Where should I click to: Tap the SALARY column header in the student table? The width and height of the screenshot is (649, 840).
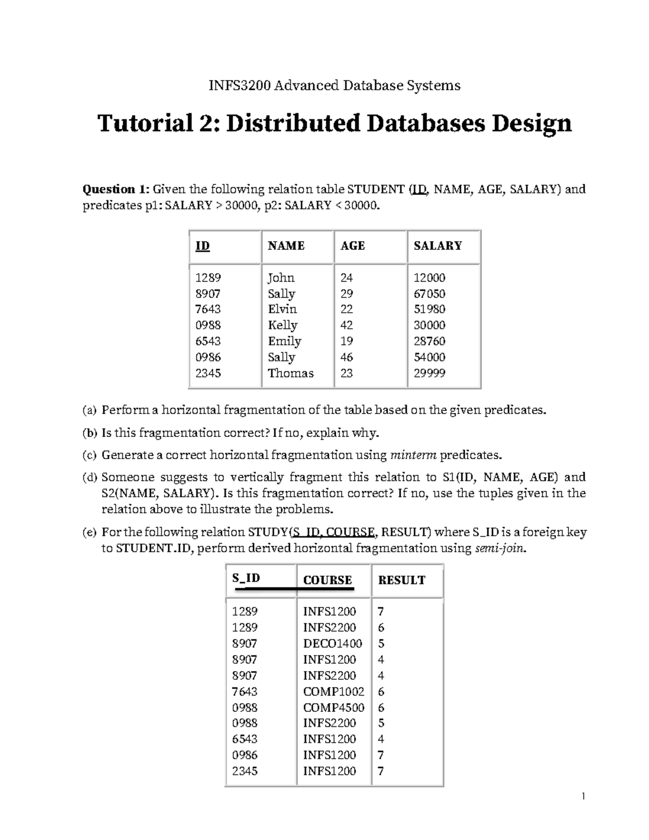click(437, 246)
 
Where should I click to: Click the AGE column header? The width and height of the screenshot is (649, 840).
click(353, 246)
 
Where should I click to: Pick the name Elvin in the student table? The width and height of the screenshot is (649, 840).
click(282, 309)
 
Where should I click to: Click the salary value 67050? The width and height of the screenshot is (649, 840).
click(429, 294)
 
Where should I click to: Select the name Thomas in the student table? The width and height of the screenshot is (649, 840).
click(290, 373)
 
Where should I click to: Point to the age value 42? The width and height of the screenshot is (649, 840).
click(346, 325)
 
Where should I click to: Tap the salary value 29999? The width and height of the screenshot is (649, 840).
click(429, 373)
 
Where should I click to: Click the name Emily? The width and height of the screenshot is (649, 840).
click(284, 341)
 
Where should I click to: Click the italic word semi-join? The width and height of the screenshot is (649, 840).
click(499, 548)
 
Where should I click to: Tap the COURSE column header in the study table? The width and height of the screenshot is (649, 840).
click(327, 580)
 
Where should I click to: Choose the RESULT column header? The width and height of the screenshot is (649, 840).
click(401, 580)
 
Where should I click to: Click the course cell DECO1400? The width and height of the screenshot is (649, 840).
click(332, 644)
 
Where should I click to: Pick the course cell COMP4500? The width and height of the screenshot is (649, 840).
click(333, 707)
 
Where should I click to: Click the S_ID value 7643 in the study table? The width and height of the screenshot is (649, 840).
click(244, 692)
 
